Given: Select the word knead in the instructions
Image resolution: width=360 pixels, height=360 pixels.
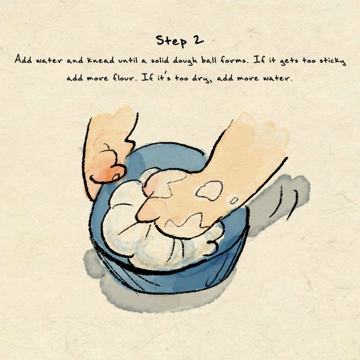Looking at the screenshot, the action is pos(100,60).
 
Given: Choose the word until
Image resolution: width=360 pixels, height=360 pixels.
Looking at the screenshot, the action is pos(128,60).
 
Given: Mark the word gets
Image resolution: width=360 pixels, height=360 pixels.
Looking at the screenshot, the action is pos(289,61).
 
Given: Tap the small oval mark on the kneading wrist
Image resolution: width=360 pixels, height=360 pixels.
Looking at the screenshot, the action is pos(234,200).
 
